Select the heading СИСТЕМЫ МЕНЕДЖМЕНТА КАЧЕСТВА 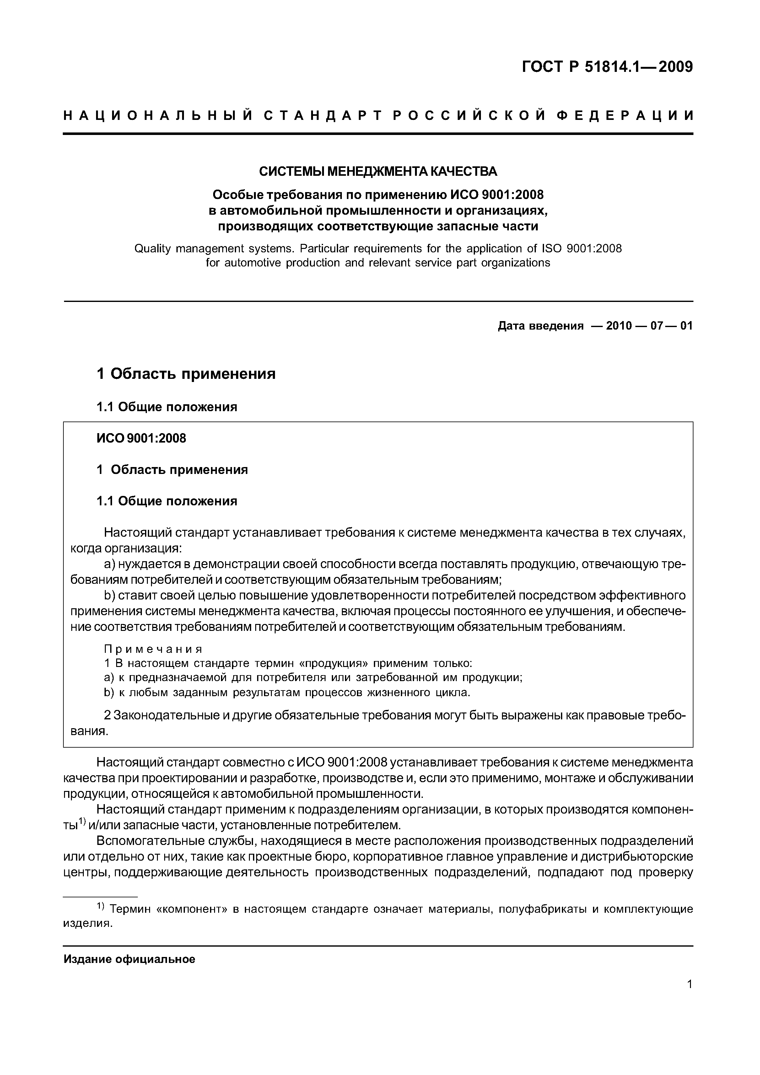[x=378, y=172]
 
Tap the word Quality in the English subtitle [x=152, y=248]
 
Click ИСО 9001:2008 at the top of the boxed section [x=141, y=438]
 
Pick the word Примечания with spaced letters [x=153, y=649]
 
